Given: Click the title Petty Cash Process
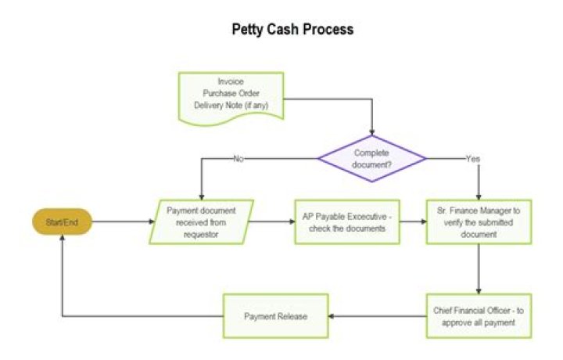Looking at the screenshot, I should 292,30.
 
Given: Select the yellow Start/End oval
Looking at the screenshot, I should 61,222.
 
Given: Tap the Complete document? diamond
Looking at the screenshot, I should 371,158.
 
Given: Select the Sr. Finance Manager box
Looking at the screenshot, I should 479,222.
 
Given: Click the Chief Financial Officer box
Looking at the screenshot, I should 479,315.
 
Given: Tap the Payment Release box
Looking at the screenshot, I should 274,316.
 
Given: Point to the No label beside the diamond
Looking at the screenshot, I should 240,159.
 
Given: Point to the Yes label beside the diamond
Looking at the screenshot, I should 473,159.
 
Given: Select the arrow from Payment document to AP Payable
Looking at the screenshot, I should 274,222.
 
